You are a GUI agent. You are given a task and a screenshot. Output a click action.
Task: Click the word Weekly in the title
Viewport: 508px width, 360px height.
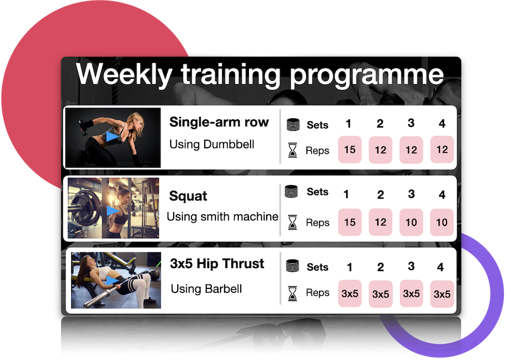coord(124,75)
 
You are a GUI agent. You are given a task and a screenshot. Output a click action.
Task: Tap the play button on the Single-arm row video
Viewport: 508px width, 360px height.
coord(112,137)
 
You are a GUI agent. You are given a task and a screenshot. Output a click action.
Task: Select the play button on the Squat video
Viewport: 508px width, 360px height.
coord(113,211)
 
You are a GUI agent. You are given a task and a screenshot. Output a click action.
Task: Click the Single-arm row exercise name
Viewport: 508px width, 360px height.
coord(219,122)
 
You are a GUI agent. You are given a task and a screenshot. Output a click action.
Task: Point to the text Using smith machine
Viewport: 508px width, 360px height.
coord(223,217)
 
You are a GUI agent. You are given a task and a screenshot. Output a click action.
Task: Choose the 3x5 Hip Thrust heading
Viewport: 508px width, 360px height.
coord(217,264)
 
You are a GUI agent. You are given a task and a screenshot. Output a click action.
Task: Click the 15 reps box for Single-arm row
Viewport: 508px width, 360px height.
coord(350,150)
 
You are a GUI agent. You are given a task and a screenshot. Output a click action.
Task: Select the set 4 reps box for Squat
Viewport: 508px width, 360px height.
coord(442,222)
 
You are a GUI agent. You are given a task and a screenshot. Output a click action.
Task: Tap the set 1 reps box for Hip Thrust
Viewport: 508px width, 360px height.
coord(350,293)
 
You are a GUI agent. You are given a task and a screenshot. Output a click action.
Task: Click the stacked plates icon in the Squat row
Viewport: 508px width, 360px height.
coord(291,191)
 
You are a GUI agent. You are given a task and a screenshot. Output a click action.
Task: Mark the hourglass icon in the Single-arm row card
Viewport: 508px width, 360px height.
coord(293,150)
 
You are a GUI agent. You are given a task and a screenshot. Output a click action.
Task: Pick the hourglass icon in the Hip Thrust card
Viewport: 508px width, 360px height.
coord(293,293)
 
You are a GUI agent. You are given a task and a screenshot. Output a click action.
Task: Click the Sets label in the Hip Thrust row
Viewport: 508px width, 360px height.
coord(317,267)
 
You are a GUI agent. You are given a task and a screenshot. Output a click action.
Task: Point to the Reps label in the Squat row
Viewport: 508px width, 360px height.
coord(317,223)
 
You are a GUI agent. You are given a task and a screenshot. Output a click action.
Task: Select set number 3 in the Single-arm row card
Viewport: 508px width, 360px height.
coord(411,123)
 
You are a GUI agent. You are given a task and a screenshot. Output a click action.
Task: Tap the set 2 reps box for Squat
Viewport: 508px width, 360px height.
coord(380,222)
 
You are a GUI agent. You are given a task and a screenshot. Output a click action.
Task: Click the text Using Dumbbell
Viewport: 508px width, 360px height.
coord(212,144)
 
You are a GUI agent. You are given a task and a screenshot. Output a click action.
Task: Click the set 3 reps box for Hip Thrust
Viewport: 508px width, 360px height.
coord(411,293)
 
